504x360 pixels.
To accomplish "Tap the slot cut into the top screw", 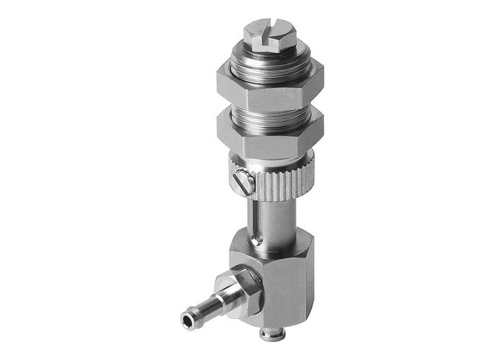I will click(267, 30).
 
